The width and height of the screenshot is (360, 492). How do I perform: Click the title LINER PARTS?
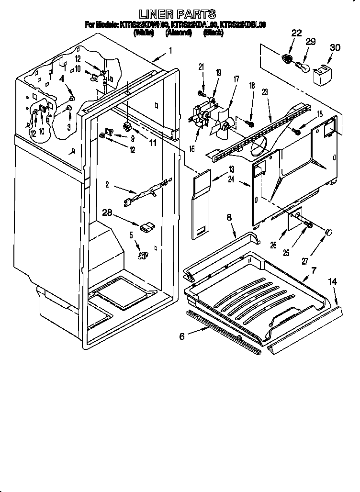click(177, 14)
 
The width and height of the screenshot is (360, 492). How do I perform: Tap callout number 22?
click(296, 33)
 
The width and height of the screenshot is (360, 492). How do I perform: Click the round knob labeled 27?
click(329, 232)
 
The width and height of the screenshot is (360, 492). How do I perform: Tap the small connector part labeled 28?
click(147, 226)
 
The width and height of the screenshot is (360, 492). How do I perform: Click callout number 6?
click(181, 337)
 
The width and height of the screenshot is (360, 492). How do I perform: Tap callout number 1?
click(171, 49)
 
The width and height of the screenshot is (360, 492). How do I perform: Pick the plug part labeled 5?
click(142, 257)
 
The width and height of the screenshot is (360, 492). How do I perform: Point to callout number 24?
click(232, 180)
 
